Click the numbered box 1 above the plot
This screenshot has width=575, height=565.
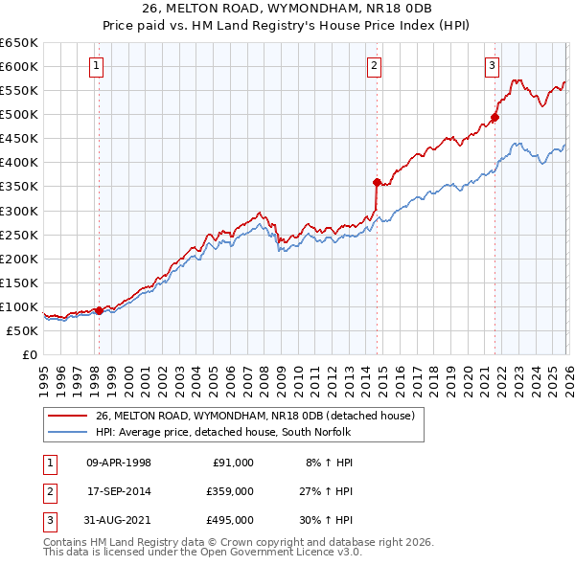tap(98, 66)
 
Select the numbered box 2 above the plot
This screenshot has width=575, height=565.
tap(374, 66)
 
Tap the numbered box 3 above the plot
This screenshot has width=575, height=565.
tap(492, 66)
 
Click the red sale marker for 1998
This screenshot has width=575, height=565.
tap(99, 310)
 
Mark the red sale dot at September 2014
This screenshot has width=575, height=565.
tap(377, 181)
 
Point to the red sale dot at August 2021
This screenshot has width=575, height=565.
tap(494, 117)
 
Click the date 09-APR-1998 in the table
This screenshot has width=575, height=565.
tap(119, 462)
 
